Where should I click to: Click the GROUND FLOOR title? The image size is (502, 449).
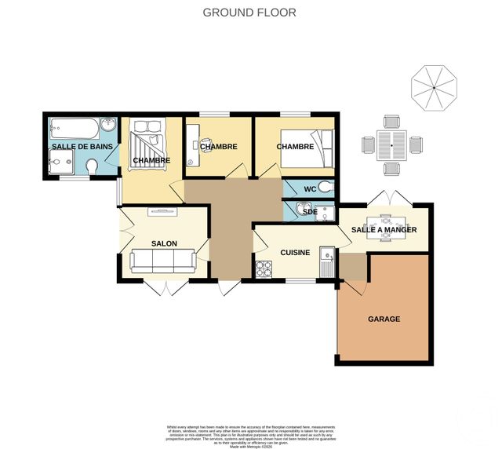[x=250, y=12]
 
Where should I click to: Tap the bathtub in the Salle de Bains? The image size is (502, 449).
[x=74, y=127]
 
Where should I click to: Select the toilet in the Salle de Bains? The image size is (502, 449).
[x=93, y=167]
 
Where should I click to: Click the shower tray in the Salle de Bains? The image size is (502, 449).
[x=58, y=163]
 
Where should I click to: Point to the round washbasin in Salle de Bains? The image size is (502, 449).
[x=110, y=126]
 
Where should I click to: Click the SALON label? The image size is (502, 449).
[x=164, y=243]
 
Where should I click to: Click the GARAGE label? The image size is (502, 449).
[x=384, y=319]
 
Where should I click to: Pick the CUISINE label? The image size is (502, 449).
[x=295, y=253]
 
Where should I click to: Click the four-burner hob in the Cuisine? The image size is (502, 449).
[x=262, y=269]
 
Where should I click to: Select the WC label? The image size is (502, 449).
[x=309, y=188]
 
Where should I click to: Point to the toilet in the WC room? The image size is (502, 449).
[x=326, y=188]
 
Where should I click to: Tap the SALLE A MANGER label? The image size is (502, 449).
[x=384, y=230]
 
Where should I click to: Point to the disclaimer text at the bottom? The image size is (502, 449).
[x=250, y=433]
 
